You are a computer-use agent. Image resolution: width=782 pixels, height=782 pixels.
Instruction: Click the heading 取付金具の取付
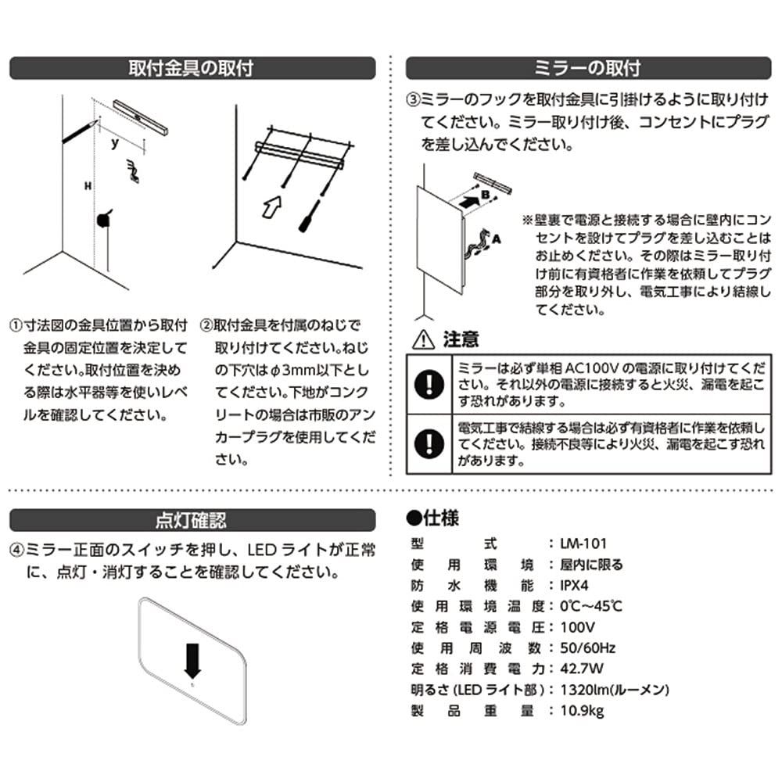[x=191, y=68]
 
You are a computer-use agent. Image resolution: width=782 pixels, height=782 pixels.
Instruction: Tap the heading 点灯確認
[x=191, y=520]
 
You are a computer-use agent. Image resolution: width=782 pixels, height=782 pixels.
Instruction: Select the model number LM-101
[x=583, y=543]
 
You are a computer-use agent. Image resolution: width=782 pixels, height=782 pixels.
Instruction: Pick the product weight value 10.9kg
[x=583, y=711]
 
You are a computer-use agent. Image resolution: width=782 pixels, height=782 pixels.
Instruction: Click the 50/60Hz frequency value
[x=588, y=648]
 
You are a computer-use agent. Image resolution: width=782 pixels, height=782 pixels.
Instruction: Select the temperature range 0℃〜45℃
[x=592, y=606]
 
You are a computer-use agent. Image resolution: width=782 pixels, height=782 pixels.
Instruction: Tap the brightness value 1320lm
[x=586, y=690]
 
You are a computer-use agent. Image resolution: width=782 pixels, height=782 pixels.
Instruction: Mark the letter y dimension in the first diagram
[x=115, y=143]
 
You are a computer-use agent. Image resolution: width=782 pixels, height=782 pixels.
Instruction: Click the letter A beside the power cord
[x=496, y=242]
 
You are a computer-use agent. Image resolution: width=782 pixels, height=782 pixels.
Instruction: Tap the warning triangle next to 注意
[x=423, y=339]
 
